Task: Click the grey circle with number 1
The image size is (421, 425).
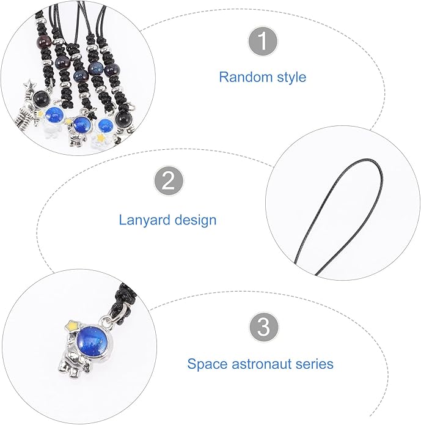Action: click(x=263, y=41)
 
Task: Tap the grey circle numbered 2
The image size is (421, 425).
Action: click(x=169, y=180)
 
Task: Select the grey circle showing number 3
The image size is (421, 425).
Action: click(x=264, y=327)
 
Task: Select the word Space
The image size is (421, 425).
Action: click(x=207, y=364)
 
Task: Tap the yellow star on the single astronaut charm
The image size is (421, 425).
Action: click(x=73, y=326)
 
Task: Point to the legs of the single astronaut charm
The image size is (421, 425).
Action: click(x=74, y=369)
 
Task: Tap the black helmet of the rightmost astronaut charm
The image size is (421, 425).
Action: click(x=123, y=119)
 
